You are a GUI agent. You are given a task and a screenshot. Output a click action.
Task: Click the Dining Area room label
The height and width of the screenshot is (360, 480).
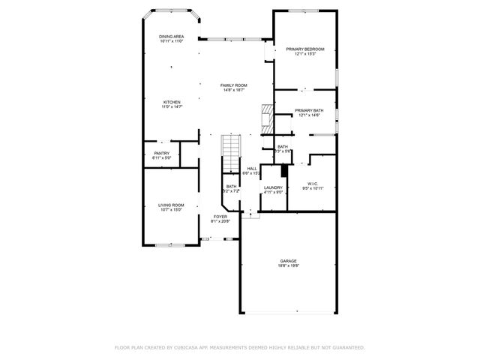[171, 36]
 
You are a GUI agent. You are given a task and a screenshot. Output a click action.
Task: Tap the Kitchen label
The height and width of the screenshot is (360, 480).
[172, 102]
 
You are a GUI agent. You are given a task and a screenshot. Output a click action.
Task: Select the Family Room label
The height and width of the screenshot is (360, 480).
[233, 85]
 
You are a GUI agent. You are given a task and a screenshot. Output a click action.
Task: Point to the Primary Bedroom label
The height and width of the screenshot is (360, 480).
[304, 49]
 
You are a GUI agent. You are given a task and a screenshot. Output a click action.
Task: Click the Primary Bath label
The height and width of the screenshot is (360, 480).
[309, 110]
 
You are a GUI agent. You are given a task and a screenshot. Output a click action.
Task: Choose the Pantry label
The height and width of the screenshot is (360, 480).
[162, 153]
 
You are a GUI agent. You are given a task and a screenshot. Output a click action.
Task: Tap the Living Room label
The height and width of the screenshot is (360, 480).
[171, 205]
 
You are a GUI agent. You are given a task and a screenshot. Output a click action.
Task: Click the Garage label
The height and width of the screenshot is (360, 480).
[289, 261]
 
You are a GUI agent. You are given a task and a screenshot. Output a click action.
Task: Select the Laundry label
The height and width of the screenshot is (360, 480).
[273, 187]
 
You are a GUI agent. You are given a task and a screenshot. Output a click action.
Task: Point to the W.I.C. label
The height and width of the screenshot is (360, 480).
[313, 182]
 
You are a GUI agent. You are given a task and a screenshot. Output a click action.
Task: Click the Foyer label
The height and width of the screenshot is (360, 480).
[220, 216]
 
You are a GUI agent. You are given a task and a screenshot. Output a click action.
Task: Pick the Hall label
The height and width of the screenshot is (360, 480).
[252, 168]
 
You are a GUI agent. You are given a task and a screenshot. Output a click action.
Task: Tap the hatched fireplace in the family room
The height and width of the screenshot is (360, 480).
[265, 117]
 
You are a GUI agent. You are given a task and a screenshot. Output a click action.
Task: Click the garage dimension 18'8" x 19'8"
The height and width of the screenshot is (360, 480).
[289, 265]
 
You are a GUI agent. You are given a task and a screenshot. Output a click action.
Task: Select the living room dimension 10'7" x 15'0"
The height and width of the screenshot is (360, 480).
[171, 209]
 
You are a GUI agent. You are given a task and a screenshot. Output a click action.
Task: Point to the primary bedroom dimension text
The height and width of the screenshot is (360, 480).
[304, 54]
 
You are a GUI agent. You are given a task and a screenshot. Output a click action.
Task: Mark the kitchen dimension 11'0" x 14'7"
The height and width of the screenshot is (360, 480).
[172, 106]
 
